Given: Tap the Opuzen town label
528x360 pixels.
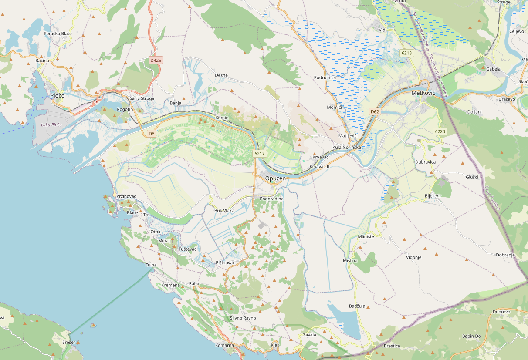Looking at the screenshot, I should (x=275, y=179).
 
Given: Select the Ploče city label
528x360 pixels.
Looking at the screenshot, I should (x=57, y=95).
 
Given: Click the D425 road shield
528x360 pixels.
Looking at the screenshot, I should (x=156, y=61).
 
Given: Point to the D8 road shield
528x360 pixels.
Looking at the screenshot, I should (x=151, y=134).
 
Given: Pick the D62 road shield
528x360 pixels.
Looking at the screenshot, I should (x=375, y=112).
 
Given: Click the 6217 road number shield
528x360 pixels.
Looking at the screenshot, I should (x=259, y=154).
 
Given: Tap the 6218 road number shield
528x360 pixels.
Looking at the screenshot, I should (x=406, y=53).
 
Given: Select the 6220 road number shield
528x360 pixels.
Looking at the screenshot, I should (x=440, y=131).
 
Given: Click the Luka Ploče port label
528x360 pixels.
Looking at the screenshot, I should (x=51, y=125).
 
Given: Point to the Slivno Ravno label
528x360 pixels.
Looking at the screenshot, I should (x=243, y=318).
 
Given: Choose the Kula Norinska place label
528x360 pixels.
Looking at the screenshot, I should (x=346, y=147).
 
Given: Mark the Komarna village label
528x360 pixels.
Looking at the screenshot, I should (x=224, y=346).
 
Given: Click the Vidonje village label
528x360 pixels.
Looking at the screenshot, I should (x=413, y=257).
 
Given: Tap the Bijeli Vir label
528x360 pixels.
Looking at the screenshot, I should (x=433, y=196).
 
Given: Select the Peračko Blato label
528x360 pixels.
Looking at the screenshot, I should (x=58, y=34).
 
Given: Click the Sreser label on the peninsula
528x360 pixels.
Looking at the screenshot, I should (x=69, y=343).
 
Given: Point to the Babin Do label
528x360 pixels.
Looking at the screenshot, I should (x=471, y=336).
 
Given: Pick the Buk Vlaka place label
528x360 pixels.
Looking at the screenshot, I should (x=224, y=211).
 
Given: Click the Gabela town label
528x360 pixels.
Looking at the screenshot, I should (x=493, y=69).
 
